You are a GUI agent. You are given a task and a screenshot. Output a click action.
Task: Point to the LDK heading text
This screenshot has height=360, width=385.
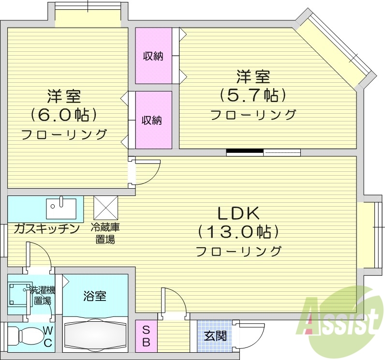coord(239,213)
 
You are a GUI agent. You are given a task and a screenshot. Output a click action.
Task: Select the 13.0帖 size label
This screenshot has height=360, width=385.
coord(239,232)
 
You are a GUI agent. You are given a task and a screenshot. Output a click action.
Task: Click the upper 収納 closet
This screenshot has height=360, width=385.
coord(153,56)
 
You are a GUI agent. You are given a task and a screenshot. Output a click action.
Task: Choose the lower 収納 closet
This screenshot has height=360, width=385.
coord(153,120)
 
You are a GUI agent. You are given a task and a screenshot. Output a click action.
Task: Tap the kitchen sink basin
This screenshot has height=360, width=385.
coord(61,209)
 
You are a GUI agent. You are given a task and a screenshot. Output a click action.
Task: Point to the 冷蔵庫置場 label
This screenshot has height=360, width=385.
coord(105,233)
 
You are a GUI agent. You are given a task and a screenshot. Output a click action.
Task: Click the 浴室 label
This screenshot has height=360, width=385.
coord(95,296)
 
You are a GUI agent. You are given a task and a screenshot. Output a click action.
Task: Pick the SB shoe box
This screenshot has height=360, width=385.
coord(146,335)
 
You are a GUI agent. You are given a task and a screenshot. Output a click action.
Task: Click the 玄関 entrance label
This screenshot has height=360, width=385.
coord(215,335)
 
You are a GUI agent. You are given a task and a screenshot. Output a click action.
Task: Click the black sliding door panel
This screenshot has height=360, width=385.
coord(245,152)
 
